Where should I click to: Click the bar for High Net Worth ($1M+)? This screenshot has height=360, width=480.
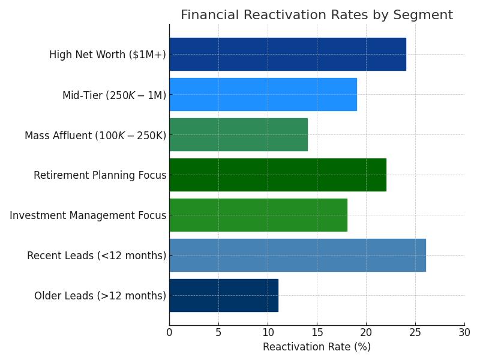click(287, 54)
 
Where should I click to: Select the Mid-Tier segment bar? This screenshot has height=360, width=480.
click(263, 94)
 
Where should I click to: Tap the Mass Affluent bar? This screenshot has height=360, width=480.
click(238, 134)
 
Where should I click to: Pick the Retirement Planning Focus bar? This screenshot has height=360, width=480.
click(277, 175)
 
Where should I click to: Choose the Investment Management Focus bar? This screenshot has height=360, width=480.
click(258, 215)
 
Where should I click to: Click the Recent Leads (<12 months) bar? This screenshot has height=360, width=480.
click(297, 255)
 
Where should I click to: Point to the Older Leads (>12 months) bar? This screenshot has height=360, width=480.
click(223, 295)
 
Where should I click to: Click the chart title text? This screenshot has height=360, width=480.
click(316, 15)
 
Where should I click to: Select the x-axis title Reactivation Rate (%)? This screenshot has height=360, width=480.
click(316, 347)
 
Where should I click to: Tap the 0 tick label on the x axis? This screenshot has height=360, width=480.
click(169, 332)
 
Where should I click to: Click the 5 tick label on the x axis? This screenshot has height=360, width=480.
click(218, 332)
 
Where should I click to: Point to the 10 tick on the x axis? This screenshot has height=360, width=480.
click(268, 332)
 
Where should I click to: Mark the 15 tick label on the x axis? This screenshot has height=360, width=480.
click(317, 332)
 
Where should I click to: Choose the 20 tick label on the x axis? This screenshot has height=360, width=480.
click(366, 332)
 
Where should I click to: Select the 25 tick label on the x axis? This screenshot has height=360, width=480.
click(415, 332)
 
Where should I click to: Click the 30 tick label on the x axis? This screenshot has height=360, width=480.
click(464, 332)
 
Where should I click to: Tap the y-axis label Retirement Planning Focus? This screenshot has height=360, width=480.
click(100, 175)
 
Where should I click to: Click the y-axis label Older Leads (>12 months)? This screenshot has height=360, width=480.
click(100, 296)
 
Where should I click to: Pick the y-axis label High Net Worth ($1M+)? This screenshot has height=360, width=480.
click(107, 55)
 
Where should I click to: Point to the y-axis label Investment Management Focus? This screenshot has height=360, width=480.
click(88, 215)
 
